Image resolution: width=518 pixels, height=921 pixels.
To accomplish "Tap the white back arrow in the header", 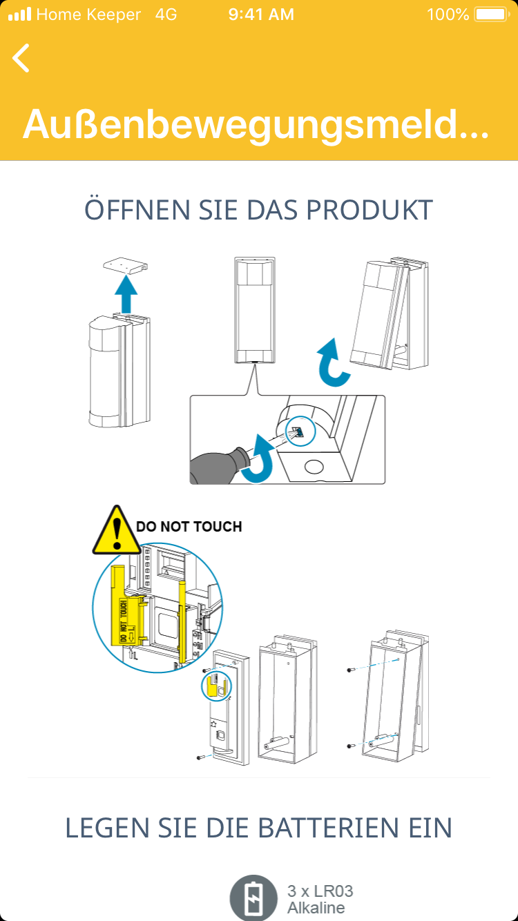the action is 21,58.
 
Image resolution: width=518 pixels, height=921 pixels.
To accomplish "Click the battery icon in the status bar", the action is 492,14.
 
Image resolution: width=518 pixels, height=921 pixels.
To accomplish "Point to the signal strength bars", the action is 19,14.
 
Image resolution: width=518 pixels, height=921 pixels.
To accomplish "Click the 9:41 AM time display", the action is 261,14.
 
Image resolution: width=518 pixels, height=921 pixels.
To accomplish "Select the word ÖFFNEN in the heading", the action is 138,209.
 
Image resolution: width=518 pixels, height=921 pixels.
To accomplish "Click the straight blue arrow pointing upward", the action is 126,294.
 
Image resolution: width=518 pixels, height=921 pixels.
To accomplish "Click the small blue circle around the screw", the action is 300,432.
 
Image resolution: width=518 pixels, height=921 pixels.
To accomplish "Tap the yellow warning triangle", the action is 117,531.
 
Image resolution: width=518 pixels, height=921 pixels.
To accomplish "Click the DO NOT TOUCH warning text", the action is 189,527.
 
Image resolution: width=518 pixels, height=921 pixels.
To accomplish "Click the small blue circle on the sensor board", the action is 216,686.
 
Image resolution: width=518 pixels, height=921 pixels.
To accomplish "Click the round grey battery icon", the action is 253,898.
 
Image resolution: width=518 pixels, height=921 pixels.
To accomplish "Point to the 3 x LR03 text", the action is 320,891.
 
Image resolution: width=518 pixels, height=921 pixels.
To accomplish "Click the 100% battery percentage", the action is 448,14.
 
